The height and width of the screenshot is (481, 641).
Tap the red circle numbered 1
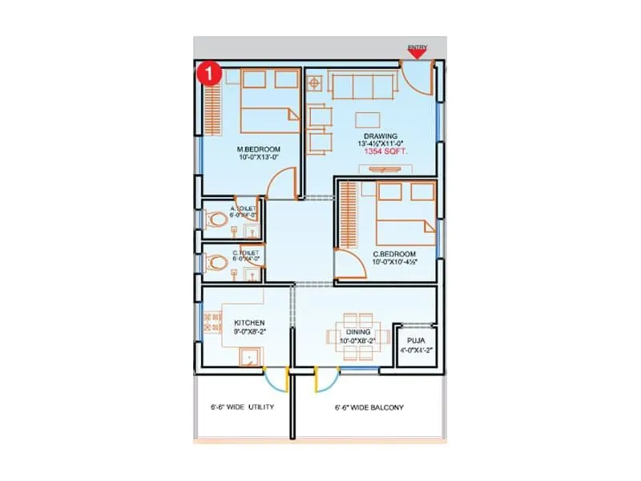coord(208,72)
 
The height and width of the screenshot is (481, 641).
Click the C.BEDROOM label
coord(391,254)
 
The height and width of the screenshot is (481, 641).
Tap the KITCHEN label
coord(227,323)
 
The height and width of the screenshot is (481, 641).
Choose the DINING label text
coord(357,331)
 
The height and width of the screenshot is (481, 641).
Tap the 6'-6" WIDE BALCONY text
coord(369,407)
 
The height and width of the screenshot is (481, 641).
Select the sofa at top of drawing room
coord(365,84)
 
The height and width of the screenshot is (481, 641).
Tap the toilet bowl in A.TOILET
coord(215,219)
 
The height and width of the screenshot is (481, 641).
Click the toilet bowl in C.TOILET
coord(215,262)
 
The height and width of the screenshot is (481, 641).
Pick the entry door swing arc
coord(419,83)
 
